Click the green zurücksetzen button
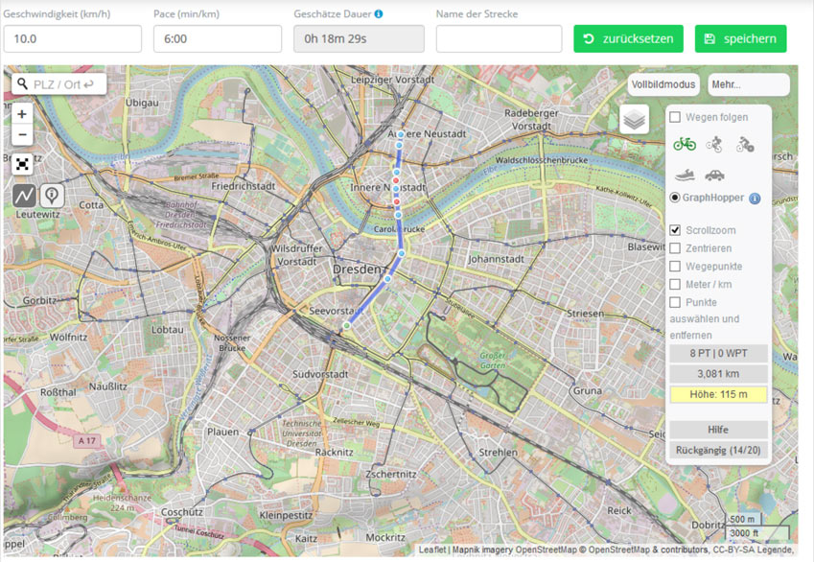click(628, 39)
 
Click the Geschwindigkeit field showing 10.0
click(73, 39)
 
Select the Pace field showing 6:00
click(218, 39)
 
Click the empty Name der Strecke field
click(499, 39)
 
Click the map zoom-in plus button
click(22, 113)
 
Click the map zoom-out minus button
click(22, 135)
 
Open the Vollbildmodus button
click(663, 84)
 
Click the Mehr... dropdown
click(748, 84)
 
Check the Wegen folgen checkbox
click(676, 117)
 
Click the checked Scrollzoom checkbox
click(676, 230)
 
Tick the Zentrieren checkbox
click(676, 248)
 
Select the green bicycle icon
click(685, 144)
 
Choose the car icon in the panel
click(714, 175)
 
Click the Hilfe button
click(718, 430)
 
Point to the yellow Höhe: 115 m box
click(718, 394)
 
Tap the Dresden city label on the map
click(357, 270)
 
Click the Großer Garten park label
click(492, 362)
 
